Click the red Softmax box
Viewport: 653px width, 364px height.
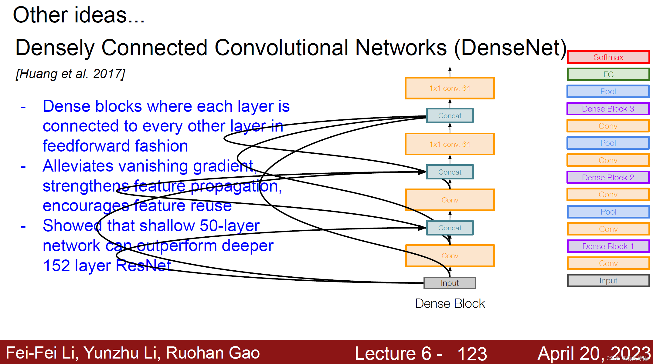pyautogui.click(x=608, y=57)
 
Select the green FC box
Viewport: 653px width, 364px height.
pyautogui.click(x=608, y=74)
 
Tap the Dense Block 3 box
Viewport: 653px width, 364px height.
pyautogui.click(x=608, y=109)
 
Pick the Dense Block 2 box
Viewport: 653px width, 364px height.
pyautogui.click(x=608, y=177)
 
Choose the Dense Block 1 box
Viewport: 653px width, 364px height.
pyautogui.click(x=608, y=246)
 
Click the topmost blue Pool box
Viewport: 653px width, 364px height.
pyautogui.click(x=608, y=92)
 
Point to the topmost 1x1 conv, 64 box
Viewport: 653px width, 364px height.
pyautogui.click(x=450, y=88)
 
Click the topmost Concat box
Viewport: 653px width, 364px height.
pyautogui.click(x=450, y=115)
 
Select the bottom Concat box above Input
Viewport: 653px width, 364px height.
pyautogui.click(x=450, y=228)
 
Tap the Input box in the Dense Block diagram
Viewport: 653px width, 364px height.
pyautogui.click(x=450, y=283)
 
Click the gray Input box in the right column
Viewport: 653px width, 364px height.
pyautogui.click(x=608, y=280)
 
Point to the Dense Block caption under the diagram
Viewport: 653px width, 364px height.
pyautogui.click(x=450, y=303)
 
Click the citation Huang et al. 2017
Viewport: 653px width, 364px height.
pyautogui.click(x=70, y=74)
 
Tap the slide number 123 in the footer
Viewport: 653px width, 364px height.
pyautogui.click(x=472, y=353)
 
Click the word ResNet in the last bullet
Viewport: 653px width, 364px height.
pyautogui.click(x=143, y=265)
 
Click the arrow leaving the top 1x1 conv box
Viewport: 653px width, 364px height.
pyautogui.click(x=450, y=72)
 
